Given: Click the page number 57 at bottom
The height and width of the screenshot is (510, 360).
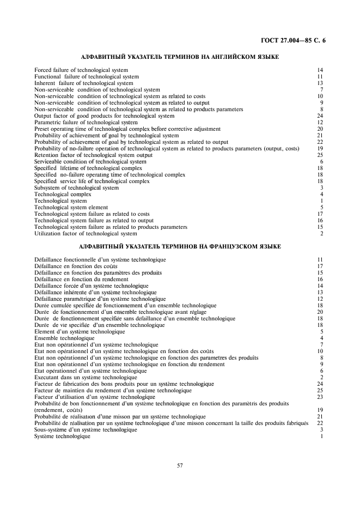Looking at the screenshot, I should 180,465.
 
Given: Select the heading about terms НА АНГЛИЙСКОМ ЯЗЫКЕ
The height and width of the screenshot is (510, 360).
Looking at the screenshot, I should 180,57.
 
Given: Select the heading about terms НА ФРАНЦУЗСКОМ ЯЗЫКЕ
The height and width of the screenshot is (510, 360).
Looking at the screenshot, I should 180,247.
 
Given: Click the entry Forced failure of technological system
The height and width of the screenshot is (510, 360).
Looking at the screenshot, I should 81,70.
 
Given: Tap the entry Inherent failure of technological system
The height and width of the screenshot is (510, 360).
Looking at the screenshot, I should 83,83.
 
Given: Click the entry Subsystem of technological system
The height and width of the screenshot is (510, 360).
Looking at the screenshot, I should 76,188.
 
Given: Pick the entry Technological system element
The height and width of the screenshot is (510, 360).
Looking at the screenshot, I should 71,208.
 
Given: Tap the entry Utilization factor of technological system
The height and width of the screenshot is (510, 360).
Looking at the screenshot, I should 86,234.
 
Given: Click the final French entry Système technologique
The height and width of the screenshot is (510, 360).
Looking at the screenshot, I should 62,436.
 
